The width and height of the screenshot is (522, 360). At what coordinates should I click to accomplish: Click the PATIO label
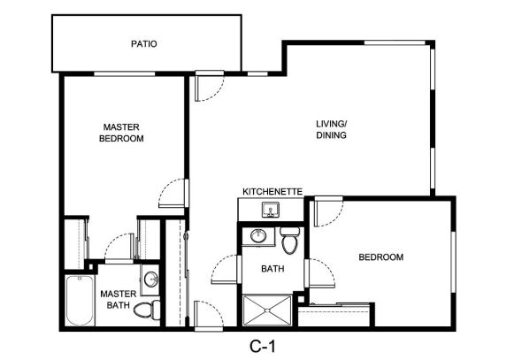(144, 44)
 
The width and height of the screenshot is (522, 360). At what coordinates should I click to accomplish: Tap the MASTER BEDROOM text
(121, 133)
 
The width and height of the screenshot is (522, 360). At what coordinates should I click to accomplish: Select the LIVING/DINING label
(331, 129)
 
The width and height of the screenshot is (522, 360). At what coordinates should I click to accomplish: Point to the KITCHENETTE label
(273, 192)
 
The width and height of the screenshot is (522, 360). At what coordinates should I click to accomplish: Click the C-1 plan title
(263, 347)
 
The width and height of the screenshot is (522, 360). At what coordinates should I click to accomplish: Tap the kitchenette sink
(271, 210)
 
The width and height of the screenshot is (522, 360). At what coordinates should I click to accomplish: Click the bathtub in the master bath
(80, 301)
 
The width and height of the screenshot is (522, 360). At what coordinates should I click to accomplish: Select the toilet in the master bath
(147, 309)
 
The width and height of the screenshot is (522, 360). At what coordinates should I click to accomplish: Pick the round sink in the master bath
(151, 280)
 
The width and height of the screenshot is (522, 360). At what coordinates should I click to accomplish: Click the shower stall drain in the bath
(267, 310)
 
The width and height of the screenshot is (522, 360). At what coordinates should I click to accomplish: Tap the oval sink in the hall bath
(258, 236)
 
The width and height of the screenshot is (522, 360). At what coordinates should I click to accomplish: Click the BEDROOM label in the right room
(380, 257)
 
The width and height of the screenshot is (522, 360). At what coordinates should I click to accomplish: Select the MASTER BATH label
(119, 300)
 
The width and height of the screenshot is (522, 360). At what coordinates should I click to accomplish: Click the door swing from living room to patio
(209, 88)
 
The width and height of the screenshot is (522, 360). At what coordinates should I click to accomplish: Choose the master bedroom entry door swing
(173, 194)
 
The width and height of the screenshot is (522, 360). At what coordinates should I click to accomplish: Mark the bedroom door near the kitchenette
(328, 211)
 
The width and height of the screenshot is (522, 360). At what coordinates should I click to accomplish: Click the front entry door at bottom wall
(208, 314)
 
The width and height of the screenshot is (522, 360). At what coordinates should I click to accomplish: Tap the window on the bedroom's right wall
(453, 262)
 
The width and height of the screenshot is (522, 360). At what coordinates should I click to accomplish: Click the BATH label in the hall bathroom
(273, 269)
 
